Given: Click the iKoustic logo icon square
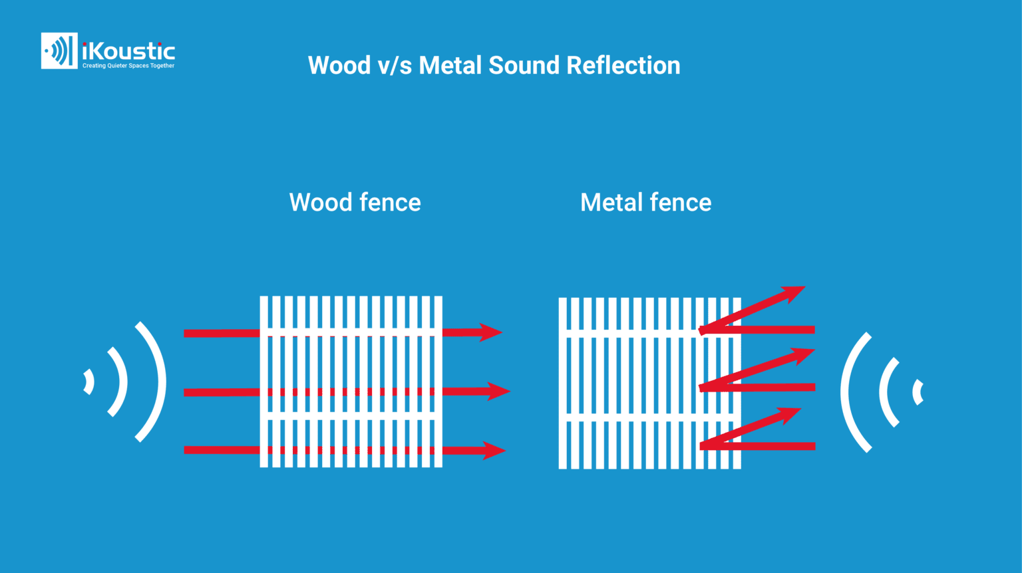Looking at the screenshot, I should [x=59, y=51].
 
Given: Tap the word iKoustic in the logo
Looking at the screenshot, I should [x=128, y=51].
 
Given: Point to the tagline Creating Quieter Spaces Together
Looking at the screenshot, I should [x=128, y=66].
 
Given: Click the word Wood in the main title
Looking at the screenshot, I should [x=339, y=66].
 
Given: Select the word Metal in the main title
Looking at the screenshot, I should [x=450, y=66].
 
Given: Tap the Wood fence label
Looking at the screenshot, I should [x=355, y=202].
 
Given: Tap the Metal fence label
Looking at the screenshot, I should [x=645, y=202].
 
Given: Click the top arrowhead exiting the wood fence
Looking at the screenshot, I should [x=491, y=332].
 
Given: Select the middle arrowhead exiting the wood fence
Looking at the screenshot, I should [x=498, y=392].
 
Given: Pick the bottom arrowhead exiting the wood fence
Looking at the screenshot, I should [x=494, y=451].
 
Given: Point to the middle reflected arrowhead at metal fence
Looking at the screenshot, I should [x=803, y=356].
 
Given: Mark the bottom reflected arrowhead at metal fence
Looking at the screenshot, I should [x=789, y=415].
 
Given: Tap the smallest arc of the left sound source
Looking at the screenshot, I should [x=89, y=382].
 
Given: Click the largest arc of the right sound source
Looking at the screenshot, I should [x=847, y=392].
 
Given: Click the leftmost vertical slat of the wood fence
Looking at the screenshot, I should [x=264, y=382].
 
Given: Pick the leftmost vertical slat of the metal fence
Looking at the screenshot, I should [x=563, y=383].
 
